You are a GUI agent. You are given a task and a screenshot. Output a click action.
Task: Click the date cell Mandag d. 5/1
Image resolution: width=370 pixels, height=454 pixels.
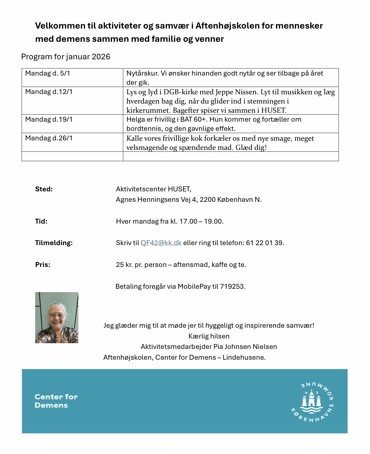coord(48,73)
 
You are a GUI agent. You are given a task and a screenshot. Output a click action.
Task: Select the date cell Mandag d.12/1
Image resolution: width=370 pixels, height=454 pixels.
coord(49,92)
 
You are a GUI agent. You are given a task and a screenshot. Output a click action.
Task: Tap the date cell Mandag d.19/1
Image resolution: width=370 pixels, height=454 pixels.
coord(49,119)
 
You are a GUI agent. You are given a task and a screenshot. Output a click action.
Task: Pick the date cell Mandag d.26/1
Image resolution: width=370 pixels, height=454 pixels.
coord(49,138)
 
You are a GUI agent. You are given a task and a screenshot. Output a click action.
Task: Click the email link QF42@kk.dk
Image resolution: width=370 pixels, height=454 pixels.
coord(161,243)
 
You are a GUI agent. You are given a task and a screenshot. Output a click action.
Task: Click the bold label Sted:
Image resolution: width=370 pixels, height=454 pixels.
coord(44,189)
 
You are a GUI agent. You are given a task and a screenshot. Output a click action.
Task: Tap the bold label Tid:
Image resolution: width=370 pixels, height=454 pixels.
coord(41,221)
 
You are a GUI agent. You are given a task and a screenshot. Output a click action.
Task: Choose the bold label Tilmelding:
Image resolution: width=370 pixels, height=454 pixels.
coord(54,243)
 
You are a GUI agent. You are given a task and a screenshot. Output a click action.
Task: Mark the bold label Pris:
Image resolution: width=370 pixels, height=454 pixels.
coord(43,265)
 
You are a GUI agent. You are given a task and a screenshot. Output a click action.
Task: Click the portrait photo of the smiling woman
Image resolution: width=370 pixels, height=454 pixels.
coord(57,318)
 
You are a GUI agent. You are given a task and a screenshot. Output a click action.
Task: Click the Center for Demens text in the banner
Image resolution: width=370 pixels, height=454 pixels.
coord(56,401)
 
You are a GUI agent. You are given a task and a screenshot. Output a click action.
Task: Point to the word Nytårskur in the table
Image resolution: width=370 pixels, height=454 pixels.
coord(142,73)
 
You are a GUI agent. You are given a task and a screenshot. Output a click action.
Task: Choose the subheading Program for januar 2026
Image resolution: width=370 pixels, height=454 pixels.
coord(66,57)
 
